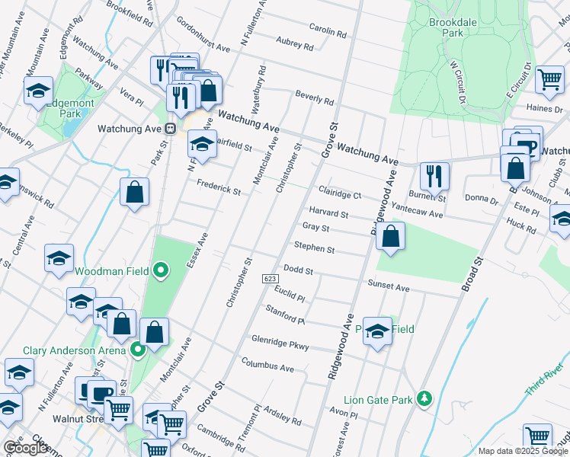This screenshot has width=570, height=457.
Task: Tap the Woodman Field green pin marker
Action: pos(160,270)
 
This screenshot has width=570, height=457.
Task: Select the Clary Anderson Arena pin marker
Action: pos(137,350)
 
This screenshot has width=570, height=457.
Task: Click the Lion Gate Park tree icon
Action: pos(425,399)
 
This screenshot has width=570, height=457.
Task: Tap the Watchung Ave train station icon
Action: pos(171,128)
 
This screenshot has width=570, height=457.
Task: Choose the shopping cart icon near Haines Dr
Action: pos(549,78)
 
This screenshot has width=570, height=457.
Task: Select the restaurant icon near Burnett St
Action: pos(434,176)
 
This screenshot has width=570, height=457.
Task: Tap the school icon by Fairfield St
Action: pos(201,142)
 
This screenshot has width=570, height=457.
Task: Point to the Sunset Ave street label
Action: pos(389,289)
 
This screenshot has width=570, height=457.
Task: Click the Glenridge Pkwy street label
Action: pos(280,342)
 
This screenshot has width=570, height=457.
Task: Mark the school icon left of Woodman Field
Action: pos(59,258)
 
